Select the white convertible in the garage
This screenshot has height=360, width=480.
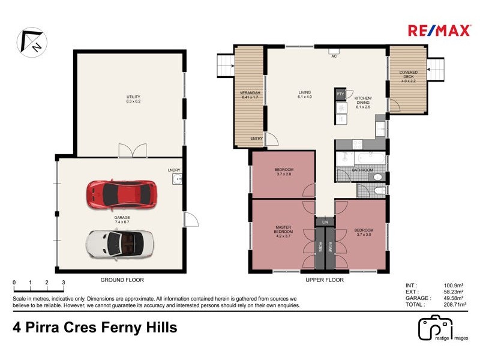click(120, 244)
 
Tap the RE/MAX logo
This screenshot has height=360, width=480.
click(431, 31)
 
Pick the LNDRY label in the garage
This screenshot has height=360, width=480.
click(174, 170)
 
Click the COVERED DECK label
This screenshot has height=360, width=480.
click(409, 74)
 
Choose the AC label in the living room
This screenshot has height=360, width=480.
click(333, 56)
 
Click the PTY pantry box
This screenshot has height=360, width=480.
click(340, 94)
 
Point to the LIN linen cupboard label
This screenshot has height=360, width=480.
click(325, 223)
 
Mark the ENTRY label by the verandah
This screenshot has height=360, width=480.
click(257, 139)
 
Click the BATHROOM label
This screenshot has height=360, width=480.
click(362, 170)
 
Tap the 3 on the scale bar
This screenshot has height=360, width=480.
click(63, 282)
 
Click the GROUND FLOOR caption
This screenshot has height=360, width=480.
click(122, 280)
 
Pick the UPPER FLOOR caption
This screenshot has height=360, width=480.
click(325, 280)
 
